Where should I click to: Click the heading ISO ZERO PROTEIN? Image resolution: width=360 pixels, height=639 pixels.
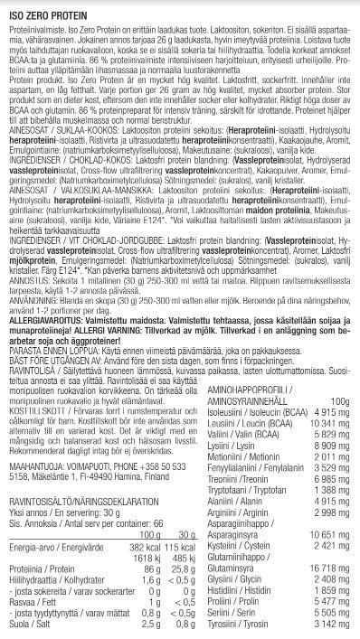point(44,8)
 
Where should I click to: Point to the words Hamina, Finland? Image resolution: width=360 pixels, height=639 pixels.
point(127,481)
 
